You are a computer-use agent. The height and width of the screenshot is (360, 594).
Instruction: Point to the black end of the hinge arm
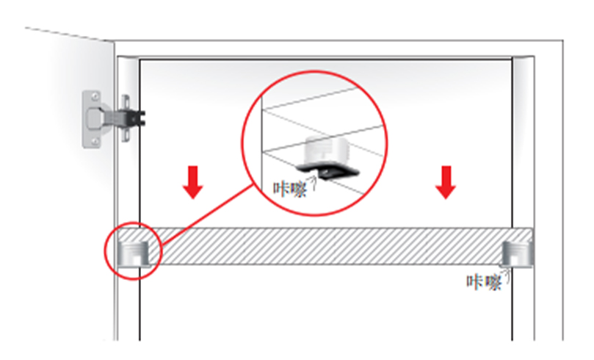(x=139, y=115)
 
